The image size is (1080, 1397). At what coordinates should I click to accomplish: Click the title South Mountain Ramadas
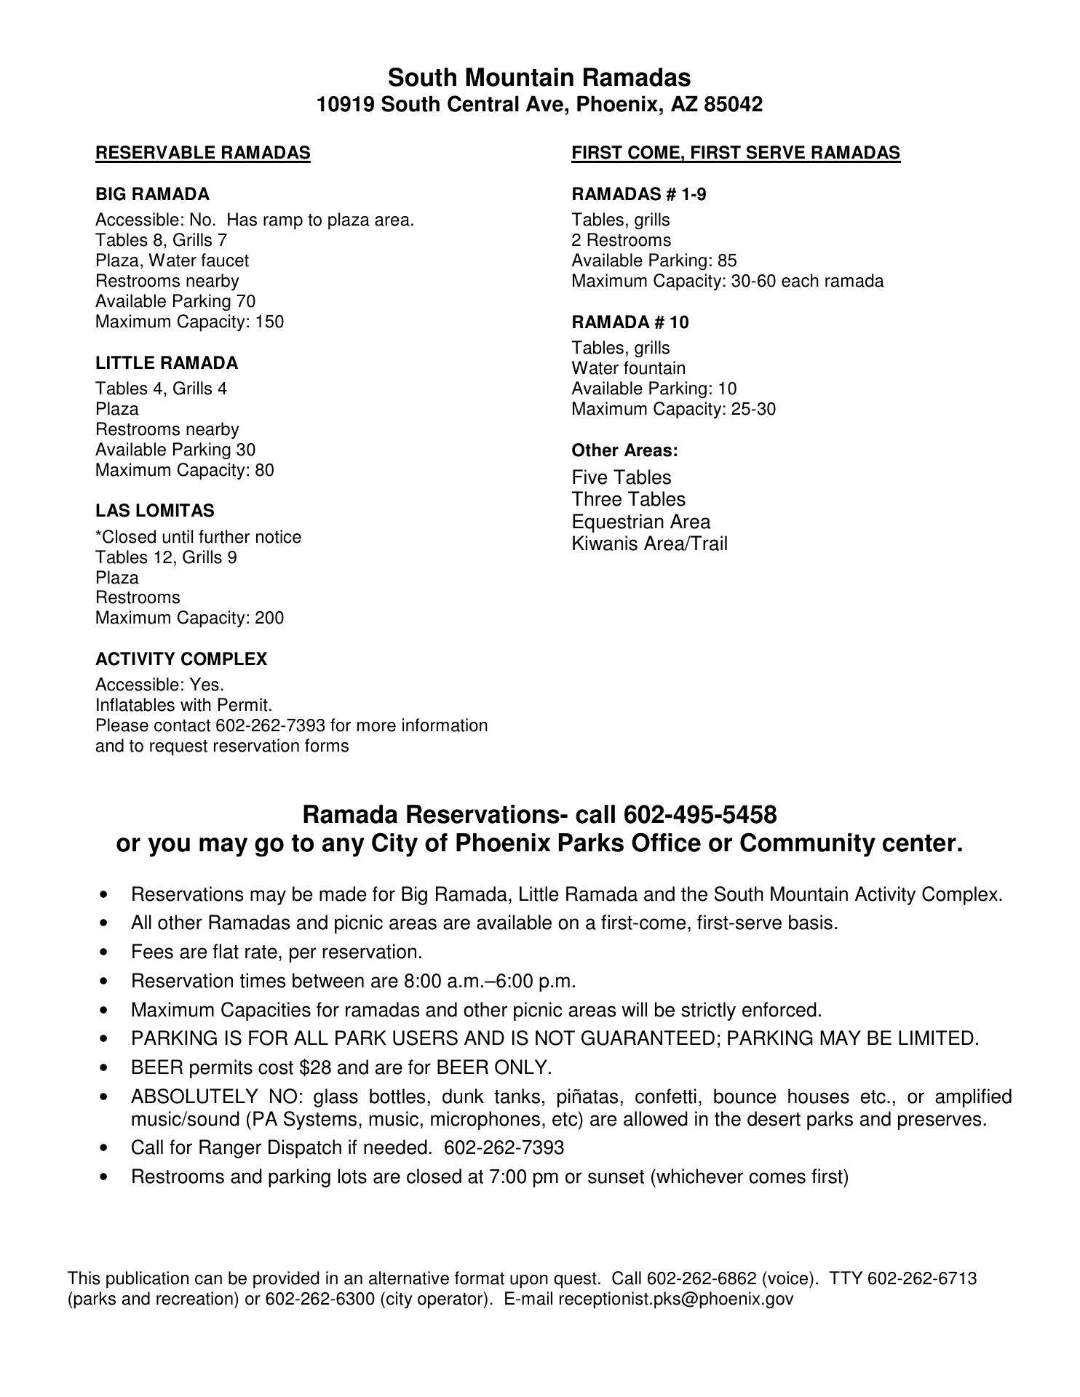click(539, 77)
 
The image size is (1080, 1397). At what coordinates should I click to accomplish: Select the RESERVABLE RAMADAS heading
click(202, 153)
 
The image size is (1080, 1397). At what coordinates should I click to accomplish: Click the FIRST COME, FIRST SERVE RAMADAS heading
click(736, 153)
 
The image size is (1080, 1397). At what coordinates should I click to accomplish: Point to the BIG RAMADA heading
click(152, 194)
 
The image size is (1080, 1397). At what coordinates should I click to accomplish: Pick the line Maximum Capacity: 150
click(189, 322)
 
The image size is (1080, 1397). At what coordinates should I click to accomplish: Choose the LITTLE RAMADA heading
click(167, 363)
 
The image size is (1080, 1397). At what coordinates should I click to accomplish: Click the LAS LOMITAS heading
click(155, 511)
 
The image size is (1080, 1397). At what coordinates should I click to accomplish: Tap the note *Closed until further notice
click(198, 537)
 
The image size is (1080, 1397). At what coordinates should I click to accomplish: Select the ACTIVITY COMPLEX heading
click(181, 659)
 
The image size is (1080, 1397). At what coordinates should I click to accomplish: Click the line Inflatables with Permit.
click(183, 705)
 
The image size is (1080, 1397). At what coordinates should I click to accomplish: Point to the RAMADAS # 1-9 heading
click(638, 194)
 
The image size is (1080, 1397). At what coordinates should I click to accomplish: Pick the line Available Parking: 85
click(654, 260)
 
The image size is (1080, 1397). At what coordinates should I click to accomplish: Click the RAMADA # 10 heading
click(630, 322)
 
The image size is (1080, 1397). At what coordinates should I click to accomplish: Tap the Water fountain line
click(628, 368)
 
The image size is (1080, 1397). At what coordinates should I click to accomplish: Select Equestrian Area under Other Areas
click(640, 522)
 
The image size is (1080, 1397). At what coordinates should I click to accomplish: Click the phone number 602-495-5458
click(700, 813)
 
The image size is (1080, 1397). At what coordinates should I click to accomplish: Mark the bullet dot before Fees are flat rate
click(106, 952)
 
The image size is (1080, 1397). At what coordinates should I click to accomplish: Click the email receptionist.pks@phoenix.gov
click(675, 1300)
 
